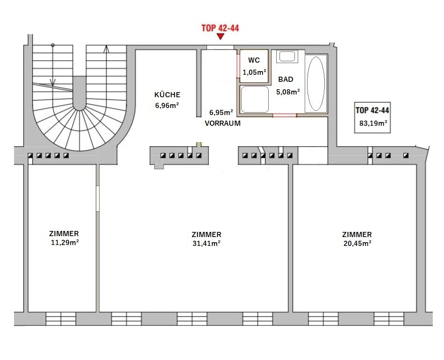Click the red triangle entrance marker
[220, 36]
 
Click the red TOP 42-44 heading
[220, 28]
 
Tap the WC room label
[254, 60]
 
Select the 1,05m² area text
[254, 72]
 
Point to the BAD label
[286, 79]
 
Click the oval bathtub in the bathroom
[316, 84]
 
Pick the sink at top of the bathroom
[287, 57]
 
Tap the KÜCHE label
[167, 94]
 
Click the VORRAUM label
[222, 123]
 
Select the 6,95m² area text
[221, 113]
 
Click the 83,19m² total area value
[373, 123]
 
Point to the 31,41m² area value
[207, 243]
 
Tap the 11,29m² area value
[65, 243]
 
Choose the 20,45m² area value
[358, 243]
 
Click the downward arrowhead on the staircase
[53, 82]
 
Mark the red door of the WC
[238, 65]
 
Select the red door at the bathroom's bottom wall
[285, 115]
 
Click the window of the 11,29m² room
[61, 319]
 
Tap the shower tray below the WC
[254, 99]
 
